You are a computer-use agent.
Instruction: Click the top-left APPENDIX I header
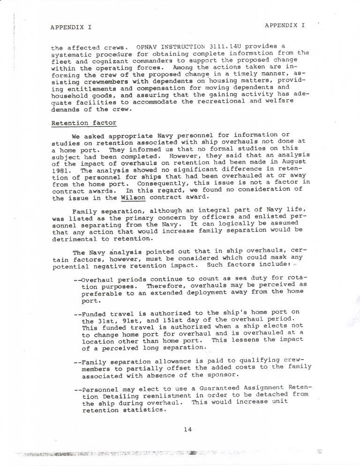pyautogui.click(x=71, y=27)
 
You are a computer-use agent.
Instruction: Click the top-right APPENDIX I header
pyautogui.click(x=285, y=25)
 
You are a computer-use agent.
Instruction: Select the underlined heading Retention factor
pyautogui.click(x=84, y=123)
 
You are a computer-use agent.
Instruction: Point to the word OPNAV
pyautogui.click(x=149, y=47)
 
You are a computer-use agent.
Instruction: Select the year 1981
pyautogui.click(x=61, y=171)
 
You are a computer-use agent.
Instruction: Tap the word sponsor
pyautogui.click(x=219, y=375)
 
